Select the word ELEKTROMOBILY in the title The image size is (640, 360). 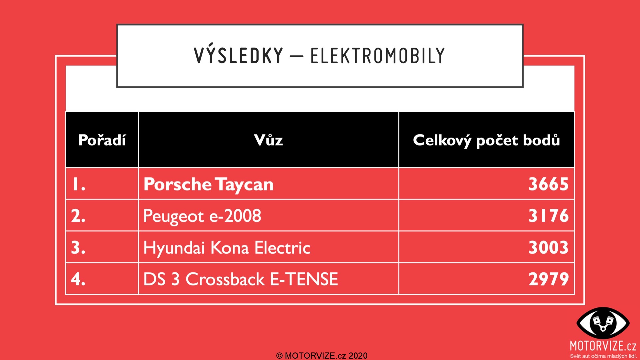coord(378,56)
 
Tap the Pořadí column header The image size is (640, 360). coord(102,140)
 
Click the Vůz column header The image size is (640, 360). coord(268,140)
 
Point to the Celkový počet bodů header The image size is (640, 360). coord(486,140)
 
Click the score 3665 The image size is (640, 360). coord(548,184)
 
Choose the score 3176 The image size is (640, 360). coord(548,216)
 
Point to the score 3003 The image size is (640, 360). coord(548,247)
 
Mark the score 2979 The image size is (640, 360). coord(548,279)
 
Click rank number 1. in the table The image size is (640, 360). coord(79,184)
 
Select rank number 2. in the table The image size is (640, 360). coord(78,216)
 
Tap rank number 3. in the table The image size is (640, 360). coord(78,247)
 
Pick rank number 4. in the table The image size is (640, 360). coord(78,279)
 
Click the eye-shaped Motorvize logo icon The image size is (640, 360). coord(603,323)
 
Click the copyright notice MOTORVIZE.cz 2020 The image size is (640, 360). coord(322,356)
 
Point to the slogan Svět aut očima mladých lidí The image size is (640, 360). coord(603,356)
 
